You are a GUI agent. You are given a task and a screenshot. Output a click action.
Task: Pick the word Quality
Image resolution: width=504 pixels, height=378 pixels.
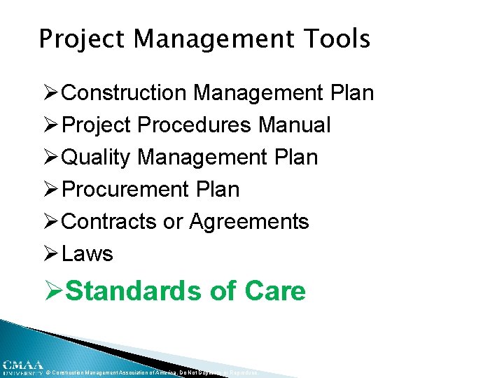point(96,157)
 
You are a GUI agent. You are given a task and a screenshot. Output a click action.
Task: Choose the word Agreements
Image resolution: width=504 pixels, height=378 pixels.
point(248,222)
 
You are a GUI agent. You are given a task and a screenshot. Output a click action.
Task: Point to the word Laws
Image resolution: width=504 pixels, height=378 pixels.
point(87,254)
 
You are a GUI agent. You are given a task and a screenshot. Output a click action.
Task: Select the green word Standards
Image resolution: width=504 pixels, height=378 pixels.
point(135,290)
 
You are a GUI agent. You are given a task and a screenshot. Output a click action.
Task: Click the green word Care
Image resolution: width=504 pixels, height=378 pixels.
point(276,290)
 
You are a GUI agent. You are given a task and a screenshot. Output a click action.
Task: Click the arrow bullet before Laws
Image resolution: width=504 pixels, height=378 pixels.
point(50,254)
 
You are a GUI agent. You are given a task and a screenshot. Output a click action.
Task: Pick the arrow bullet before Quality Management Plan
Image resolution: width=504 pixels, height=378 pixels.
point(50,157)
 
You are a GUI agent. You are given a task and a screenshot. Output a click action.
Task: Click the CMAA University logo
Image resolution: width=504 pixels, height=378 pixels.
point(21,367)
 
